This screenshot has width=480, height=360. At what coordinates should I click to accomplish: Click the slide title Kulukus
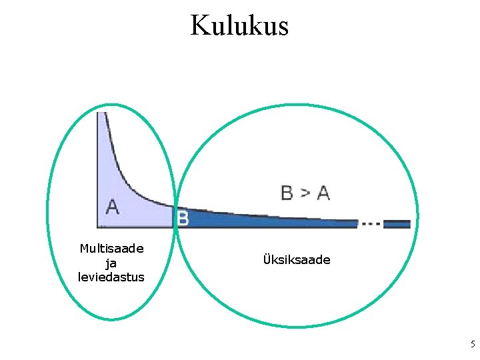[239, 25]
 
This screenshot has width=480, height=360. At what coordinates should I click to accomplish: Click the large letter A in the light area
[113, 207]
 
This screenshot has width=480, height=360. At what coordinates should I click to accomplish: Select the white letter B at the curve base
[182, 217]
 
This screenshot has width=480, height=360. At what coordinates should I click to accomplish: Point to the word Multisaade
[111, 249]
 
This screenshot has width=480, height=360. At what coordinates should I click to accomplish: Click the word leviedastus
[111, 277]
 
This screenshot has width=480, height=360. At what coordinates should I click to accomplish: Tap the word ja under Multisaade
[111, 263]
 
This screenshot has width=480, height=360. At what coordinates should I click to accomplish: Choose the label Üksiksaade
[297, 260]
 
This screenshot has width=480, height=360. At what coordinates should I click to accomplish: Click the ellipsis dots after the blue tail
[371, 224]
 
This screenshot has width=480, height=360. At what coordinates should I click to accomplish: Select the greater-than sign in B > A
[305, 193]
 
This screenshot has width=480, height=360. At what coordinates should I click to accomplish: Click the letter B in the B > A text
[287, 193]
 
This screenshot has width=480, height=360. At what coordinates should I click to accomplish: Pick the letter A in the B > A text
[323, 193]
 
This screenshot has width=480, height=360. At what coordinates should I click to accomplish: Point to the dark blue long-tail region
[267, 221]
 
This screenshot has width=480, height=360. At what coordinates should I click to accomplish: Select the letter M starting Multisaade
[84, 249]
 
